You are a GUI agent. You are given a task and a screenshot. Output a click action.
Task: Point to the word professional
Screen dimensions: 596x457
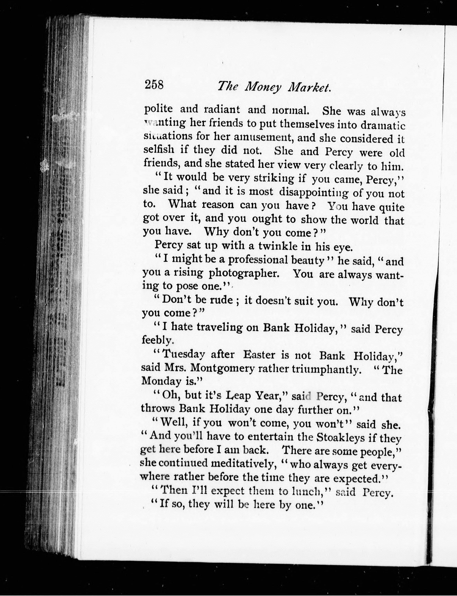pyautogui.click(x=258, y=260)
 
